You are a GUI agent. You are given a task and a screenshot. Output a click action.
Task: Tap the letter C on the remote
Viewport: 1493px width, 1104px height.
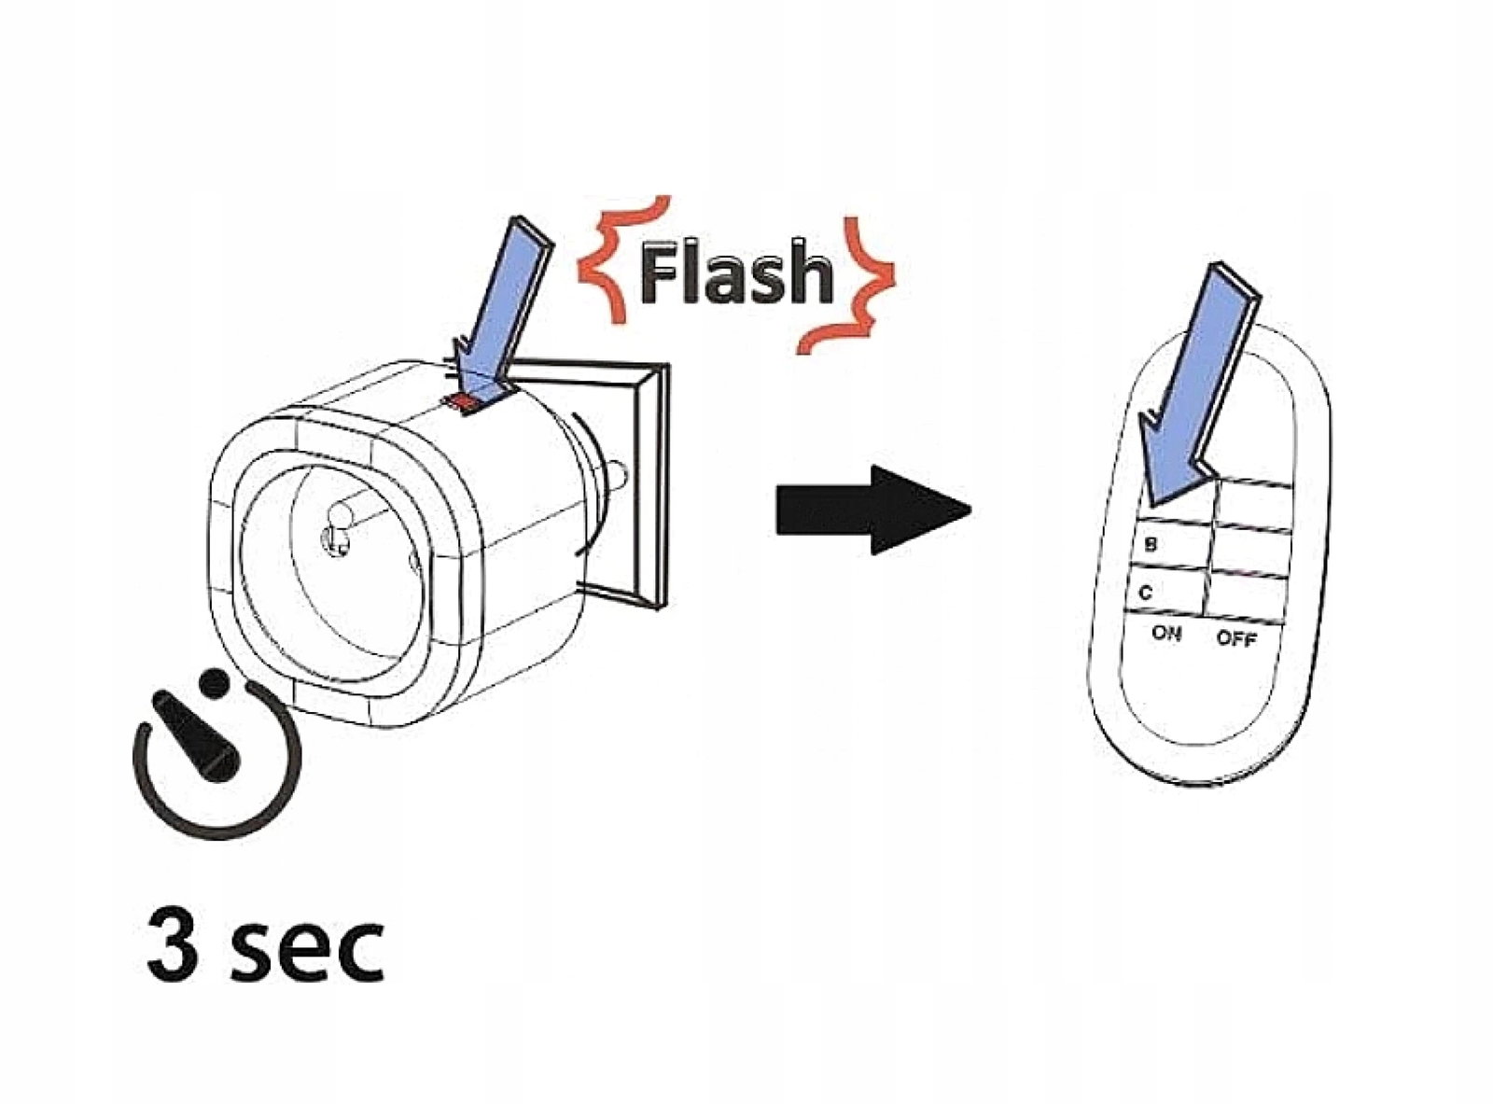[x=1146, y=594]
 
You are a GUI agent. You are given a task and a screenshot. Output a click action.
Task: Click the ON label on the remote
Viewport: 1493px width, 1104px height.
[x=1165, y=634]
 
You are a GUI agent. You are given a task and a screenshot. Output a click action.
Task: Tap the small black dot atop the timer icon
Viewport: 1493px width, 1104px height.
[x=214, y=684]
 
